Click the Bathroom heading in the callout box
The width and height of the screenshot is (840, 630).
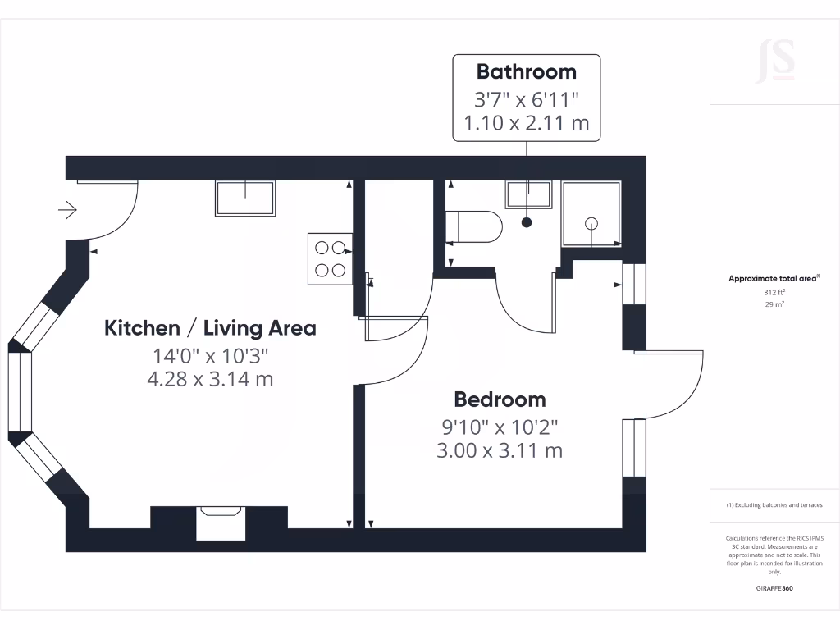coord(526,71)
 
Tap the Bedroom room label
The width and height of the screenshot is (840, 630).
coord(500,399)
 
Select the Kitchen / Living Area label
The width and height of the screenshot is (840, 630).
coord(210,328)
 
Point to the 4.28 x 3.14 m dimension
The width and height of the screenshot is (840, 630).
coord(209,379)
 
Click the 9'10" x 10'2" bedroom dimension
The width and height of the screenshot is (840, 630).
coord(500,427)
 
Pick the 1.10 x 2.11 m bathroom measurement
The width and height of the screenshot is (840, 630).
coord(526,124)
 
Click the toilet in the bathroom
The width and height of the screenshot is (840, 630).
coord(473,227)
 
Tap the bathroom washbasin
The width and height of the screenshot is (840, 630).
coord(529,195)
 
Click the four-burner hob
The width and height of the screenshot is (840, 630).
coord(331,258)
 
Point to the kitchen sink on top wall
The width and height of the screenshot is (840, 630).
coord(245,198)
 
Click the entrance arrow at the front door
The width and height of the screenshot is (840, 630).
coord(67,211)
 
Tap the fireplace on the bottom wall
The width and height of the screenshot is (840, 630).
coord(221,523)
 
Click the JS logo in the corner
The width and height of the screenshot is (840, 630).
coord(774,61)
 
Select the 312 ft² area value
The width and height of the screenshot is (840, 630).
coord(774,293)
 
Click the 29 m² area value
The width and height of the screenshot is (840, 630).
coord(774,304)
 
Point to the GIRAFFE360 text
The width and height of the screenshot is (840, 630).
coord(774,588)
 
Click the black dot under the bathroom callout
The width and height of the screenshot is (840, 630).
coord(527,222)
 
